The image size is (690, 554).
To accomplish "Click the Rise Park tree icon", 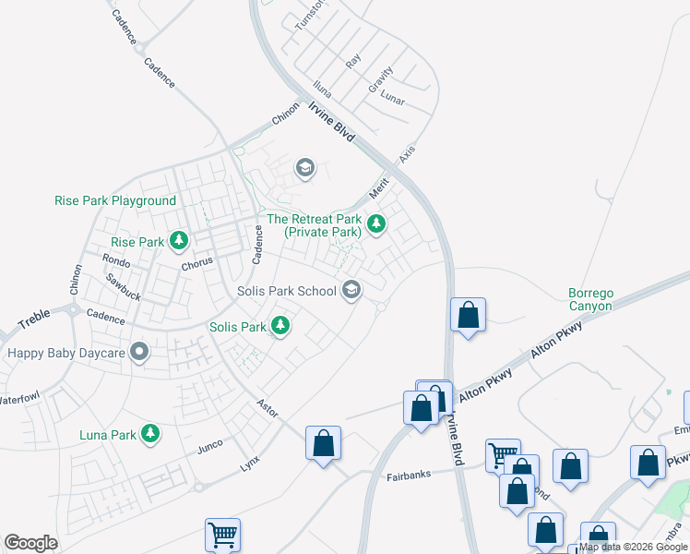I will tap(178, 242).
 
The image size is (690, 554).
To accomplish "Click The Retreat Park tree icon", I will tap(375, 223).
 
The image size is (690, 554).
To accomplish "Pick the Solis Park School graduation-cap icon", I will tap(351, 291).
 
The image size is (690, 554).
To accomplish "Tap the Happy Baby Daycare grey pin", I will tap(139, 352).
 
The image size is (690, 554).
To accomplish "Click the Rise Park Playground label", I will tap(115, 200).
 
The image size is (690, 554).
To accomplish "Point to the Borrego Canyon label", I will tap(589, 299).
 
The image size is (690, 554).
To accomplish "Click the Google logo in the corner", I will tap(30, 543).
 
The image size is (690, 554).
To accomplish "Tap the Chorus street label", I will tap(196, 262).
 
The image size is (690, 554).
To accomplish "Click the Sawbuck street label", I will tap(122, 287).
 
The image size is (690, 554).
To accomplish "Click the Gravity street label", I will tap(380, 78).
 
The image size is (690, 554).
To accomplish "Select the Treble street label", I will tap(34, 319).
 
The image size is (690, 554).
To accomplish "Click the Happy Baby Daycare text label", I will tap(65, 352).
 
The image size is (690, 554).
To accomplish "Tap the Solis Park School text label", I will tap(286, 291).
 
